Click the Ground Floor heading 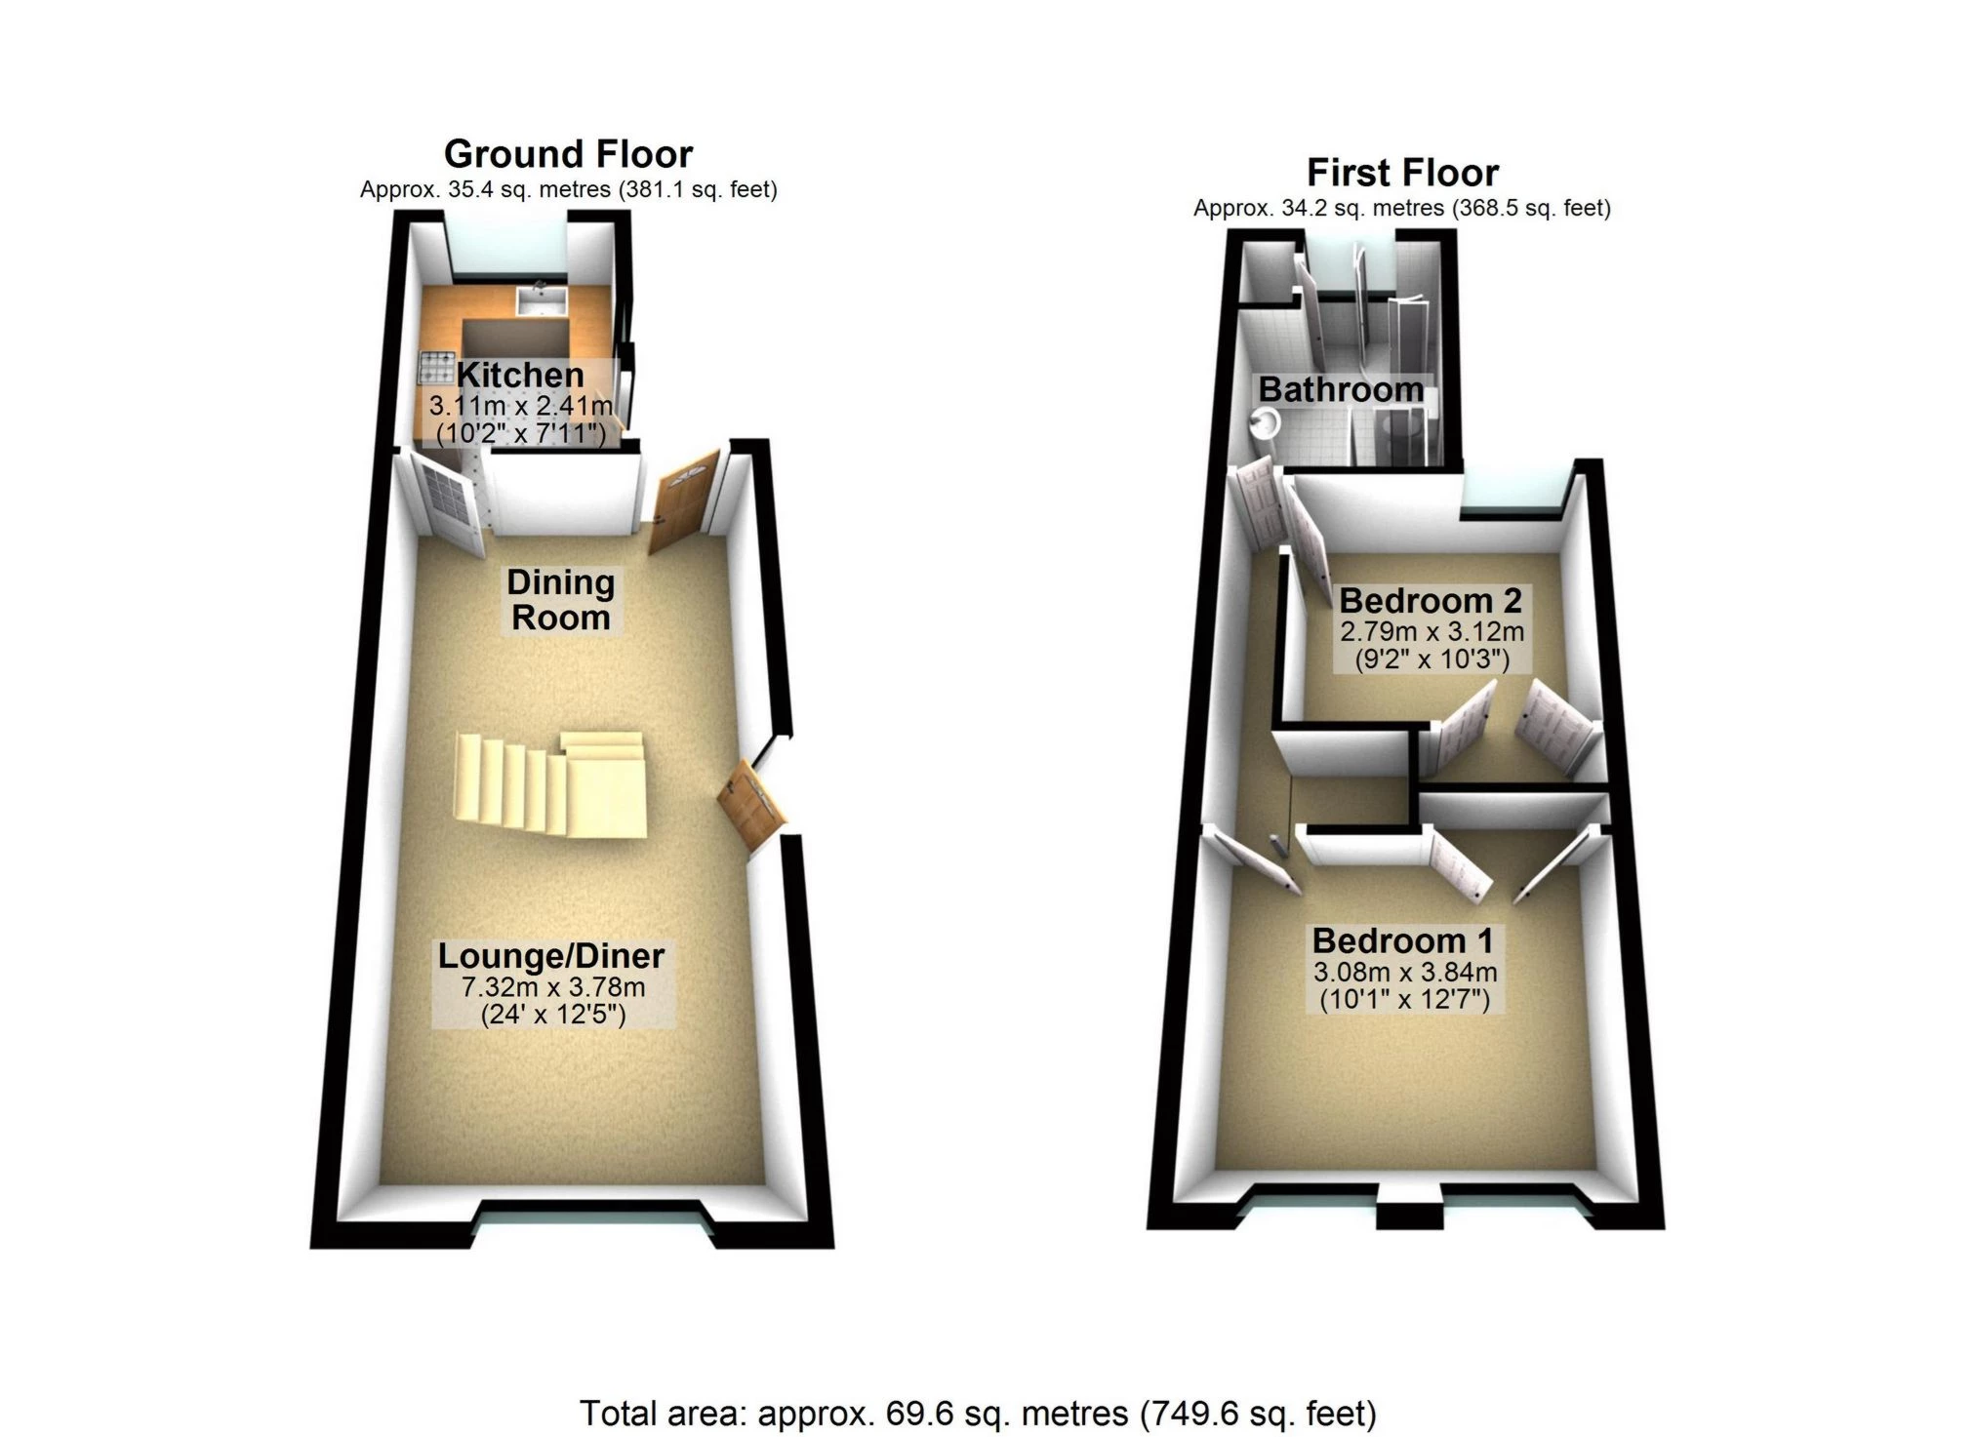[x=568, y=154]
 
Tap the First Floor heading [x=1402, y=173]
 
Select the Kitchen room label [x=520, y=375]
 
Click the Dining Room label [x=561, y=600]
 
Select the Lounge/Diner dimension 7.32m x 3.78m [x=553, y=986]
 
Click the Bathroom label [x=1341, y=389]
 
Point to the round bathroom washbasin [x=1265, y=422]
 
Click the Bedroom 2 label [x=1431, y=600]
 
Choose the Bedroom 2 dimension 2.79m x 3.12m [x=1432, y=631]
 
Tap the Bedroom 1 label [x=1402, y=940]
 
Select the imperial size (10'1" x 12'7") [x=1404, y=999]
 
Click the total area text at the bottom [x=978, y=1413]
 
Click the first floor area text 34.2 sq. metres [x=1362, y=208]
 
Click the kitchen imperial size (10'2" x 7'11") [x=521, y=432]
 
